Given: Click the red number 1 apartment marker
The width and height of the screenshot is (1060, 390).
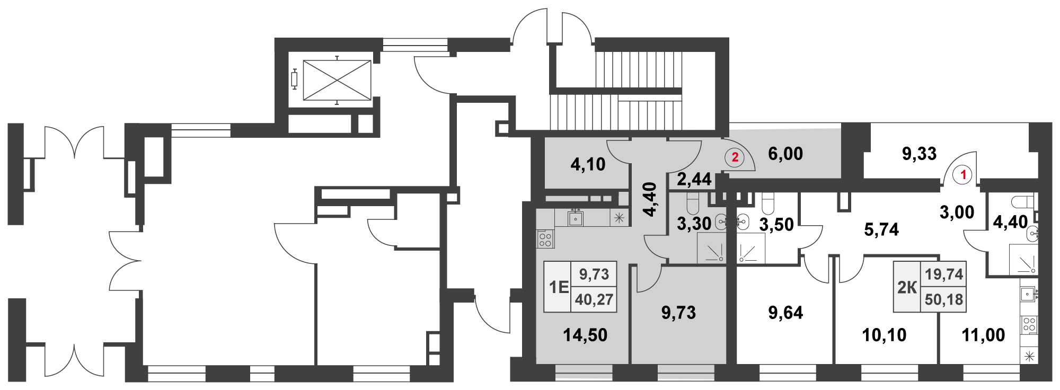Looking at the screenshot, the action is point(963,174).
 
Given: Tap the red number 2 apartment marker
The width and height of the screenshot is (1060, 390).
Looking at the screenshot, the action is point(735,157).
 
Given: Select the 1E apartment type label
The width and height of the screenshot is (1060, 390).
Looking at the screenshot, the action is point(558,287).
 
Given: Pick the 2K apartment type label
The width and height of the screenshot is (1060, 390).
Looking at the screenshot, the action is point(907,287).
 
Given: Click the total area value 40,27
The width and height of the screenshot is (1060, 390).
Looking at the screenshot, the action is point(594,299).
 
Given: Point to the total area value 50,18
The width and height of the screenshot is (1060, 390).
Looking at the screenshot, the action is point(944,299).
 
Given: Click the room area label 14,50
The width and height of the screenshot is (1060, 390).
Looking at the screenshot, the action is point(585,335).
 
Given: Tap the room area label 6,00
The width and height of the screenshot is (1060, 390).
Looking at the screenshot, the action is point(785,154).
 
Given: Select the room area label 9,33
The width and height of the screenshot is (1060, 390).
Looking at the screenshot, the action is point(920,154).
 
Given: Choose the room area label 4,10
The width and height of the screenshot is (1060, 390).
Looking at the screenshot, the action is point(588,164).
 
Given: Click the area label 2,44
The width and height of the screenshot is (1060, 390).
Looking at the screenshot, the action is point(694,179).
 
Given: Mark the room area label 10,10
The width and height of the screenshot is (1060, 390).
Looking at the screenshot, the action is point(884,335).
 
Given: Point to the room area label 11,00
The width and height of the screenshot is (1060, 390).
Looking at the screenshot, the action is point(983,335).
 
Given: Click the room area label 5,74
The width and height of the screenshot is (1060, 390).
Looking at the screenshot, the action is point(881,229).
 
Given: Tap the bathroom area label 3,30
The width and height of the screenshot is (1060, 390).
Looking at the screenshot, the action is point(694,224).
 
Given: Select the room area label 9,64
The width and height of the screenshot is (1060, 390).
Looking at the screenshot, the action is point(785,313).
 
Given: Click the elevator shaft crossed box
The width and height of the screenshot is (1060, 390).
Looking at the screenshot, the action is point(337,80).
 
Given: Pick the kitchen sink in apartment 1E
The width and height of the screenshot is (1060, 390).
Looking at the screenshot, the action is point(576,218).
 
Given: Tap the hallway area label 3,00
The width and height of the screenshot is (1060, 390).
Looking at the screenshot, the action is point(957,212).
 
